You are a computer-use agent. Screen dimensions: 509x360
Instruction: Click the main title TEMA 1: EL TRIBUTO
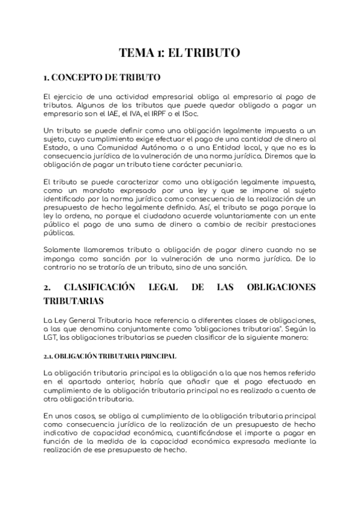(x=179, y=53)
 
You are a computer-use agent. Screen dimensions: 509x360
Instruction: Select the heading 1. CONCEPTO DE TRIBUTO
(x=103, y=78)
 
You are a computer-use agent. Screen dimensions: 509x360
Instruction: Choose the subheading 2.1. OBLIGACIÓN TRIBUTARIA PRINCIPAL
(x=106, y=356)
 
